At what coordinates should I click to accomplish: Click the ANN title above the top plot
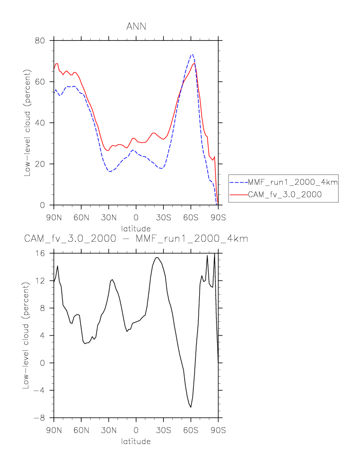[136, 26]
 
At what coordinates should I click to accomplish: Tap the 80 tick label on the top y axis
[40, 40]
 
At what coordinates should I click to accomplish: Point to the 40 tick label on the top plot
[40, 123]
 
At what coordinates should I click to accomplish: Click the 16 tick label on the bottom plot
[40, 253]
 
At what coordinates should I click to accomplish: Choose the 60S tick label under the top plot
[191, 217]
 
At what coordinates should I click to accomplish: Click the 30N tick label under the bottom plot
[109, 430]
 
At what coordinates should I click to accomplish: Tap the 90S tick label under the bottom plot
[218, 430]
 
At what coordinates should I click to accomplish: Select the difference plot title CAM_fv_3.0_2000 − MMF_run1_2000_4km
[136, 239]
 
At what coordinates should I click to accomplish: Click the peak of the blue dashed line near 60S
[192, 54]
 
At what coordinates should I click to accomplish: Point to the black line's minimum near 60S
[191, 407]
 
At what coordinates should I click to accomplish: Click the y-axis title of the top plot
[27, 123]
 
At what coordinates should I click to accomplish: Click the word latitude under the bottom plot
[136, 441]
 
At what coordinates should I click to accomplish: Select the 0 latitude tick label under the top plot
[136, 217]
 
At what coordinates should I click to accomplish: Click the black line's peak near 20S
[156, 257]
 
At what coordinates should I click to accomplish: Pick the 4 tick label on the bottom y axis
[42, 335]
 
